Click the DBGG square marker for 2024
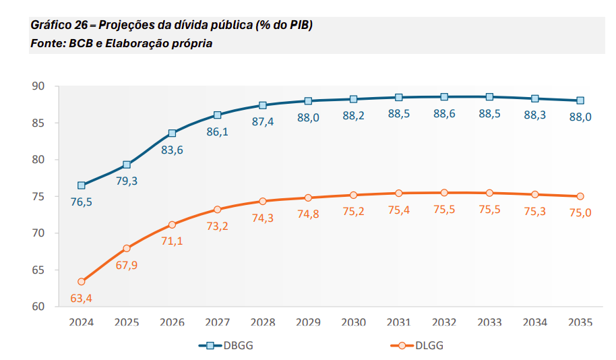[82, 185]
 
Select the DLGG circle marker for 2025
[127, 248]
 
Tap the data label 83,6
[172, 150]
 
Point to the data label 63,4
[82, 297]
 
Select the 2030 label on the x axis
[353, 322]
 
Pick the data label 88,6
[444, 114]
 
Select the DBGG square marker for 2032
[444, 97]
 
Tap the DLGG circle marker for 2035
[580, 196]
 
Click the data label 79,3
[127, 181]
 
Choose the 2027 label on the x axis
[217, 322]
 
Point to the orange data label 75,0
[580, 213]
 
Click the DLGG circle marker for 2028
[263, 201]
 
